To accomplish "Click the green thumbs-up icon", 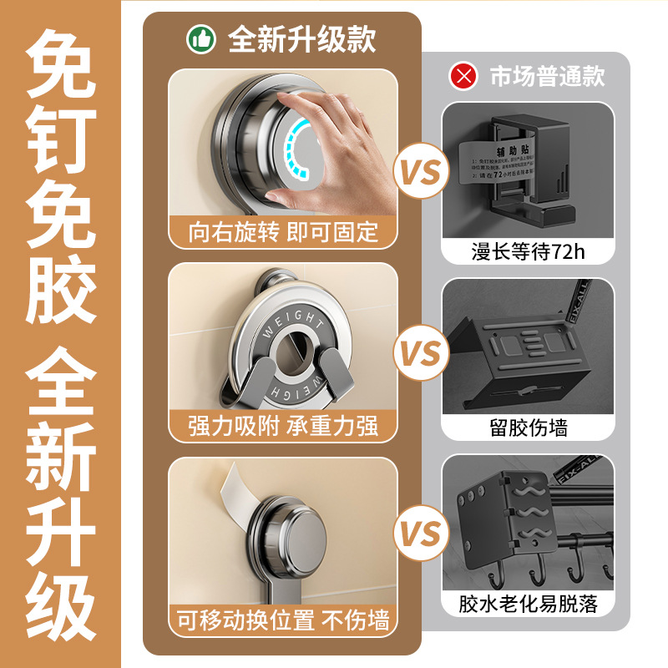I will pyautogui.click(x=201, y=39).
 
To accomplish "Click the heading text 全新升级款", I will pyautogui.click(x=301, y=39).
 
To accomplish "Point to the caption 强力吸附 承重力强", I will pyautogui.click(x=283, y=426).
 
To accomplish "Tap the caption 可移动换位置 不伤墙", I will pyautogui.click(x=283, y=620).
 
